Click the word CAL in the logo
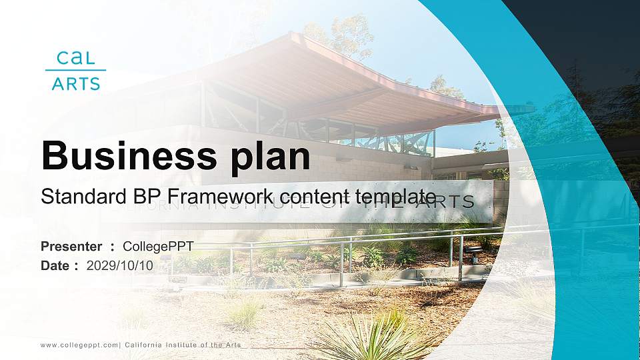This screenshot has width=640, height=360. pos(75,57)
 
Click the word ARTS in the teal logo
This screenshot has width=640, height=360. pos(75,83)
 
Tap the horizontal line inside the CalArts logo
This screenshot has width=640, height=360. pos(75,70)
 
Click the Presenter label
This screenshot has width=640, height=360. pos(71,247)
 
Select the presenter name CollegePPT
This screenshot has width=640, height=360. pos(158,247)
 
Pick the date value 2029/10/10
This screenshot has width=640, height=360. pos(120,265)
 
